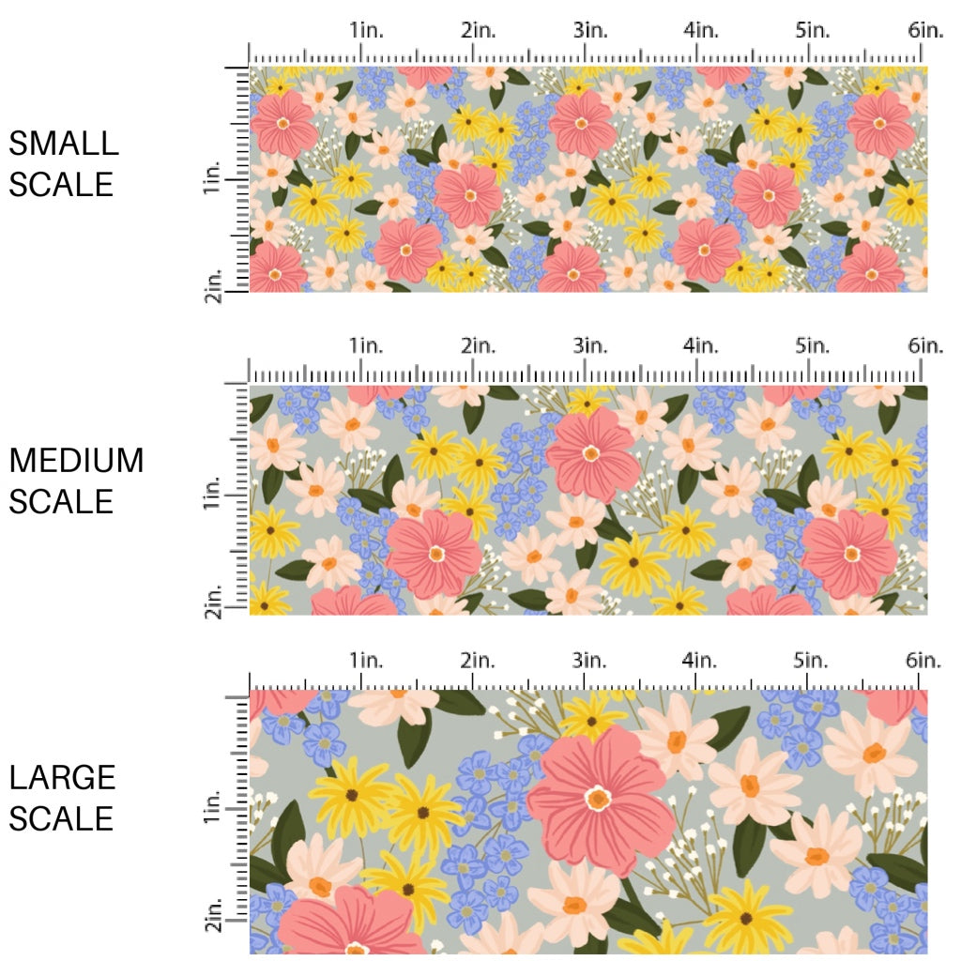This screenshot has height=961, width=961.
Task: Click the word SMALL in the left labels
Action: click(x=64, y=144)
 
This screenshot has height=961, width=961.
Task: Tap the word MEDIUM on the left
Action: click(x=76, y=461)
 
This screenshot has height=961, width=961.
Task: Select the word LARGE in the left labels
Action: click(x=63, y=777)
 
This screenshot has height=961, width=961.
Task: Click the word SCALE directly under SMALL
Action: click(x=61, y=184)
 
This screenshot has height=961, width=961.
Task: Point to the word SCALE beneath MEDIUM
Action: click(x=61, y=501)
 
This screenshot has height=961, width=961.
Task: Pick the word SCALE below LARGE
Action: click(x=61, y=818)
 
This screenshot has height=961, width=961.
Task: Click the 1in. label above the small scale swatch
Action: click(x=368, y=30)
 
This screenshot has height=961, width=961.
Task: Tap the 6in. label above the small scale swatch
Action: click(x=925, y=30)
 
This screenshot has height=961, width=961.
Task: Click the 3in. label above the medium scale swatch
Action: click(x=589, y=345)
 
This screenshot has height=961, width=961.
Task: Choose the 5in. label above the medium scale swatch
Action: click(x=813, y=345)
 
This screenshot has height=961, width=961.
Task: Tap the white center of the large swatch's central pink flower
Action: click(x=598, y=800)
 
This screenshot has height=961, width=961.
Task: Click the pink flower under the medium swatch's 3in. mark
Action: click(x=591, y=454)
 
